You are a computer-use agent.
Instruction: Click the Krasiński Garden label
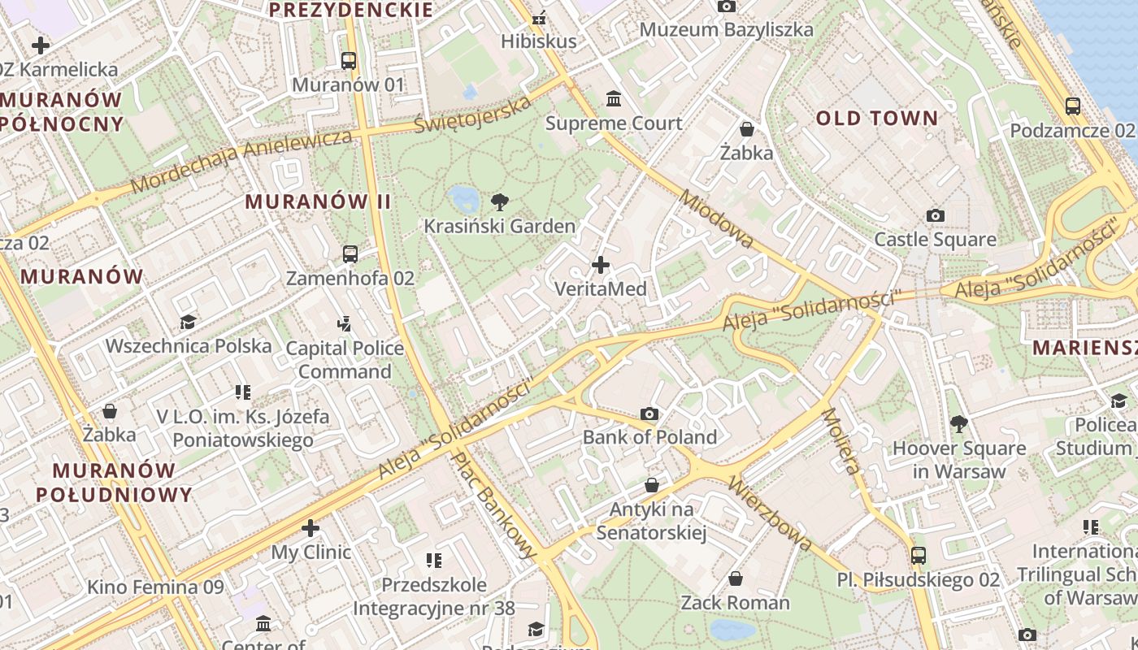point(499,226)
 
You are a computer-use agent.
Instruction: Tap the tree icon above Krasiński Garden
point(500,202)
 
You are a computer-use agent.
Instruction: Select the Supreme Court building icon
point(614,99)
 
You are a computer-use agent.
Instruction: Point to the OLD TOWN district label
point(877,119)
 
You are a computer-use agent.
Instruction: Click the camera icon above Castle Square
point(936,215)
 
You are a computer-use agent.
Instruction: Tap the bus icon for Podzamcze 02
point(1072,106)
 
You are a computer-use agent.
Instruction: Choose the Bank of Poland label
point(649,437)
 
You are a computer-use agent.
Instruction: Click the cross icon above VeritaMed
point(601,265)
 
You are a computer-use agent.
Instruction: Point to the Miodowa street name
point(717,219)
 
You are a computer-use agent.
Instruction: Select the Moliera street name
point(840,440)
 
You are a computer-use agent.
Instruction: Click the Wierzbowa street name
point(770,513)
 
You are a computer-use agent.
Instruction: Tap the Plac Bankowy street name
point(495,505)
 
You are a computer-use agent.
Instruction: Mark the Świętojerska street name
point(473,115)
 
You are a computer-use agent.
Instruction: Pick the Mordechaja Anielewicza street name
point(241,160)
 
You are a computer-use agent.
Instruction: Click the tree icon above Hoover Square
point(959,423)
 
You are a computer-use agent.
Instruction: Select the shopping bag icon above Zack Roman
point(736,578)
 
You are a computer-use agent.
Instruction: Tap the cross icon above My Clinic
point(311,529)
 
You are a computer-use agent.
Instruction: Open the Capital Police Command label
point(345,360)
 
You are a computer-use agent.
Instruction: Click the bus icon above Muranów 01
point(349,60)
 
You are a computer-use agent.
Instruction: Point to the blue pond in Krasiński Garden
point(463,197)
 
